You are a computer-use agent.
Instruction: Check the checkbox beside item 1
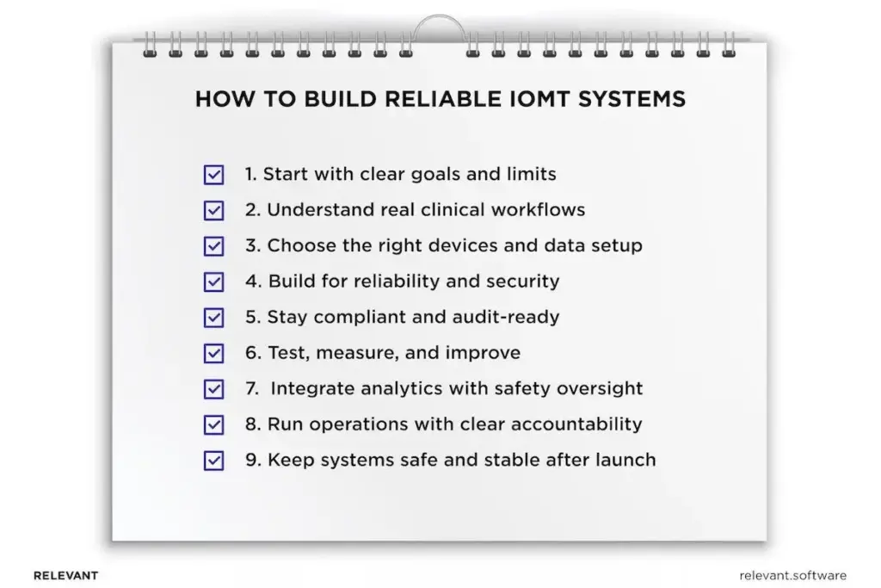(213, 175)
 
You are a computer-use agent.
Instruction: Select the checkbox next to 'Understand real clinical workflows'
(213, 211)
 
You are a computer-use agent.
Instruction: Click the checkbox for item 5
(213, 318)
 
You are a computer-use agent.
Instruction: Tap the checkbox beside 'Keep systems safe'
(213, 461)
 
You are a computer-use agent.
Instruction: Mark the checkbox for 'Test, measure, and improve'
(213, 354)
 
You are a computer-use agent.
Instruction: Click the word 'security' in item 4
(526, 282)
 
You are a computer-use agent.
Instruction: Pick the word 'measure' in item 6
(348, 354)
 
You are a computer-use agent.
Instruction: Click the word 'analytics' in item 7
(396, 389)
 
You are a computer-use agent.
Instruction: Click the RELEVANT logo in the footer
(65, 575)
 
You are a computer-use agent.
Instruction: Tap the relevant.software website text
(792, 575)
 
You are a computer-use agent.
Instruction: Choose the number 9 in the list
(251, 461)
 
